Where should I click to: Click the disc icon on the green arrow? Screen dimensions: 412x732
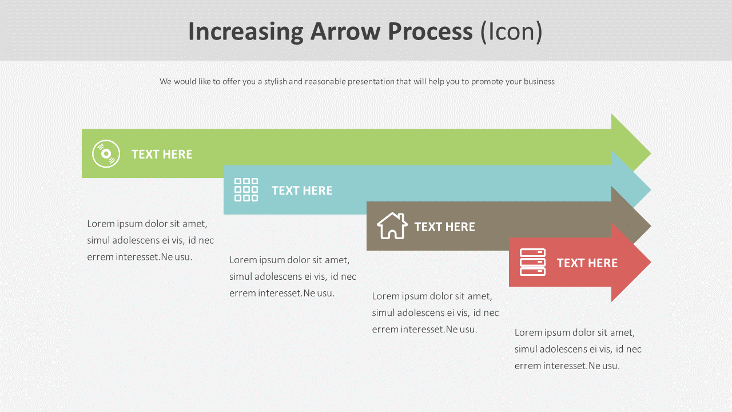(106, 154)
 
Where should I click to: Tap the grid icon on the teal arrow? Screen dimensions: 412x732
(246, 190)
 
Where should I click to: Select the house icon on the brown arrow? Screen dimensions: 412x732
(392, 226)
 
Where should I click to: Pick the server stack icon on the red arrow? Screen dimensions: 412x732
(532, 263)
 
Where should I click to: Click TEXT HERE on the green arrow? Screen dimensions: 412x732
(162, 154)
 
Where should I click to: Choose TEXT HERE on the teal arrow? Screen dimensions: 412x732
(302, 191)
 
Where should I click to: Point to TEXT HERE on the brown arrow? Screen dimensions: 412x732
(444, 227)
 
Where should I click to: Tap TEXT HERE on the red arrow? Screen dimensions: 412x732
(587, 263)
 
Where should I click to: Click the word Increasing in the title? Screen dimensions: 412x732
(245, 31)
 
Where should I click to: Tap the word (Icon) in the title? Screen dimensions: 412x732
(511, 31)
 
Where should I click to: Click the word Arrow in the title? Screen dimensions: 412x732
(345, 31)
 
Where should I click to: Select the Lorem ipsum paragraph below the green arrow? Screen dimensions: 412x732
(150, 240)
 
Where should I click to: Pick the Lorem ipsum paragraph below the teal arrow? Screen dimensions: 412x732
(293, 276)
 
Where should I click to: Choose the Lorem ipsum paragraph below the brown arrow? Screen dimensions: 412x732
(435, 312)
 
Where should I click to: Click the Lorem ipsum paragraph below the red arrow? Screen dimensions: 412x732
(578, 349)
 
